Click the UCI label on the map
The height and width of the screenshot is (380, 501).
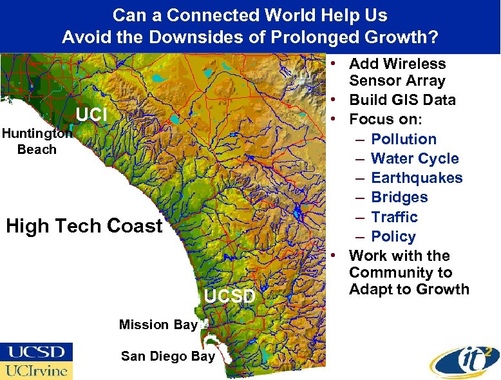[91, 115]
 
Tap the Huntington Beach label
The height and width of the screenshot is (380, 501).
[37, 142]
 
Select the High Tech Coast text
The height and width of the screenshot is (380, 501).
[84, 226]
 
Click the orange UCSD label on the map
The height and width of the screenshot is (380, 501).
[230, 296]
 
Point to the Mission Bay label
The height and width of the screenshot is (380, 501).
[158, 325]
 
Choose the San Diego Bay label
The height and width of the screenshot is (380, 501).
[167, 356]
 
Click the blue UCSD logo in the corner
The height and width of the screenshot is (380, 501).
[36, 352]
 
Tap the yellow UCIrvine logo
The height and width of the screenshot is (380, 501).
[36, 370]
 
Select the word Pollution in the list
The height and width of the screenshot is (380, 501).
[404, 139]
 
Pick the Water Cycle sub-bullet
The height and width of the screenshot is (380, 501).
[415, 158]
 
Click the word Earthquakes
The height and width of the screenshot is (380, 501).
[417, 178]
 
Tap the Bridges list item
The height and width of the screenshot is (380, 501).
[399, 197]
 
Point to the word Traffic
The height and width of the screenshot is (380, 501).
[394, 217]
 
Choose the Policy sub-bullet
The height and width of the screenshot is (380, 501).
[393, 236]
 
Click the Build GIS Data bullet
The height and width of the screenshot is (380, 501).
[402, 100]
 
